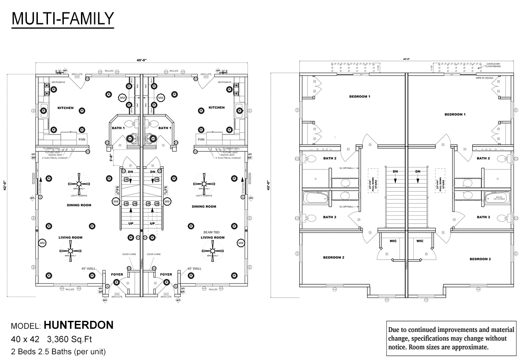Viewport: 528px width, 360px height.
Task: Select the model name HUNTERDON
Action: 79,325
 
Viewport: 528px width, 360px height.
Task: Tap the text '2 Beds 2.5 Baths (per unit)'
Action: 58,352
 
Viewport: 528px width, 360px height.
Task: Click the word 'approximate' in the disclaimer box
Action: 470,347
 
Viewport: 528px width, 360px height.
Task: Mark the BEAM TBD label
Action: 212,232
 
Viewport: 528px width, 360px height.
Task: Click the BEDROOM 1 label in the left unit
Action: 359,96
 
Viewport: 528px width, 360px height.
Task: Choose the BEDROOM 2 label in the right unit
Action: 480,259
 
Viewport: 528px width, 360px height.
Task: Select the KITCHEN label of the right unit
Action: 216,107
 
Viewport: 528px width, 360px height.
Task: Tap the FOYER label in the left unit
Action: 117,275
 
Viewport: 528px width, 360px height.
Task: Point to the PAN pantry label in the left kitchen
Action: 81,140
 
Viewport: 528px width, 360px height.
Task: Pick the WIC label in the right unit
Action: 420,241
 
